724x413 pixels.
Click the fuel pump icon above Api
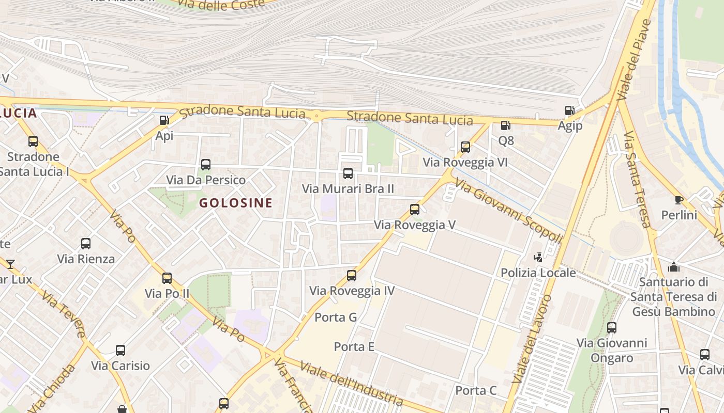[x=164, y=120]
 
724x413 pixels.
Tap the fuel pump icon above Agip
[x=569, y=110]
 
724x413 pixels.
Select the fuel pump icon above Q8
[x=505, y=125]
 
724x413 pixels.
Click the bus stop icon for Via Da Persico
[x=205, y=165]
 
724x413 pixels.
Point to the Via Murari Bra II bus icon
[x=348, y=173]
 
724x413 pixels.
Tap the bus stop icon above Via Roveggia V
[x=415, y=210]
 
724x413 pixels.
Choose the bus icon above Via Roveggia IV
[x=352, y=275]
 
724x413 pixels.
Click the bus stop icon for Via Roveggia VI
[x=465, y=147]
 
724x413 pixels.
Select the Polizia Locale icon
[x=538, y=257]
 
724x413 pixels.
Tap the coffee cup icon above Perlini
[x=679, y=200]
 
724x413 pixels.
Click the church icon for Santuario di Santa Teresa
[x=673, y=267]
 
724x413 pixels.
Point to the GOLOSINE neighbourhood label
[x=236, y=203]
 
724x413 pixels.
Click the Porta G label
[x=336, y=317]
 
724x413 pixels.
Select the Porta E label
[x=354, y=346]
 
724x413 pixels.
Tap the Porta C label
[x=476, y=390]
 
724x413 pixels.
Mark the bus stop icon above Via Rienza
[x=86, y=244]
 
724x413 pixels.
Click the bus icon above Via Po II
[x=167, y=278]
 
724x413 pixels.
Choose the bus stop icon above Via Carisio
[x=120, y=351]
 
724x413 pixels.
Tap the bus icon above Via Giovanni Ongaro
[x=612, y=327]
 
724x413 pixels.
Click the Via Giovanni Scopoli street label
[x=509, y=212]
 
